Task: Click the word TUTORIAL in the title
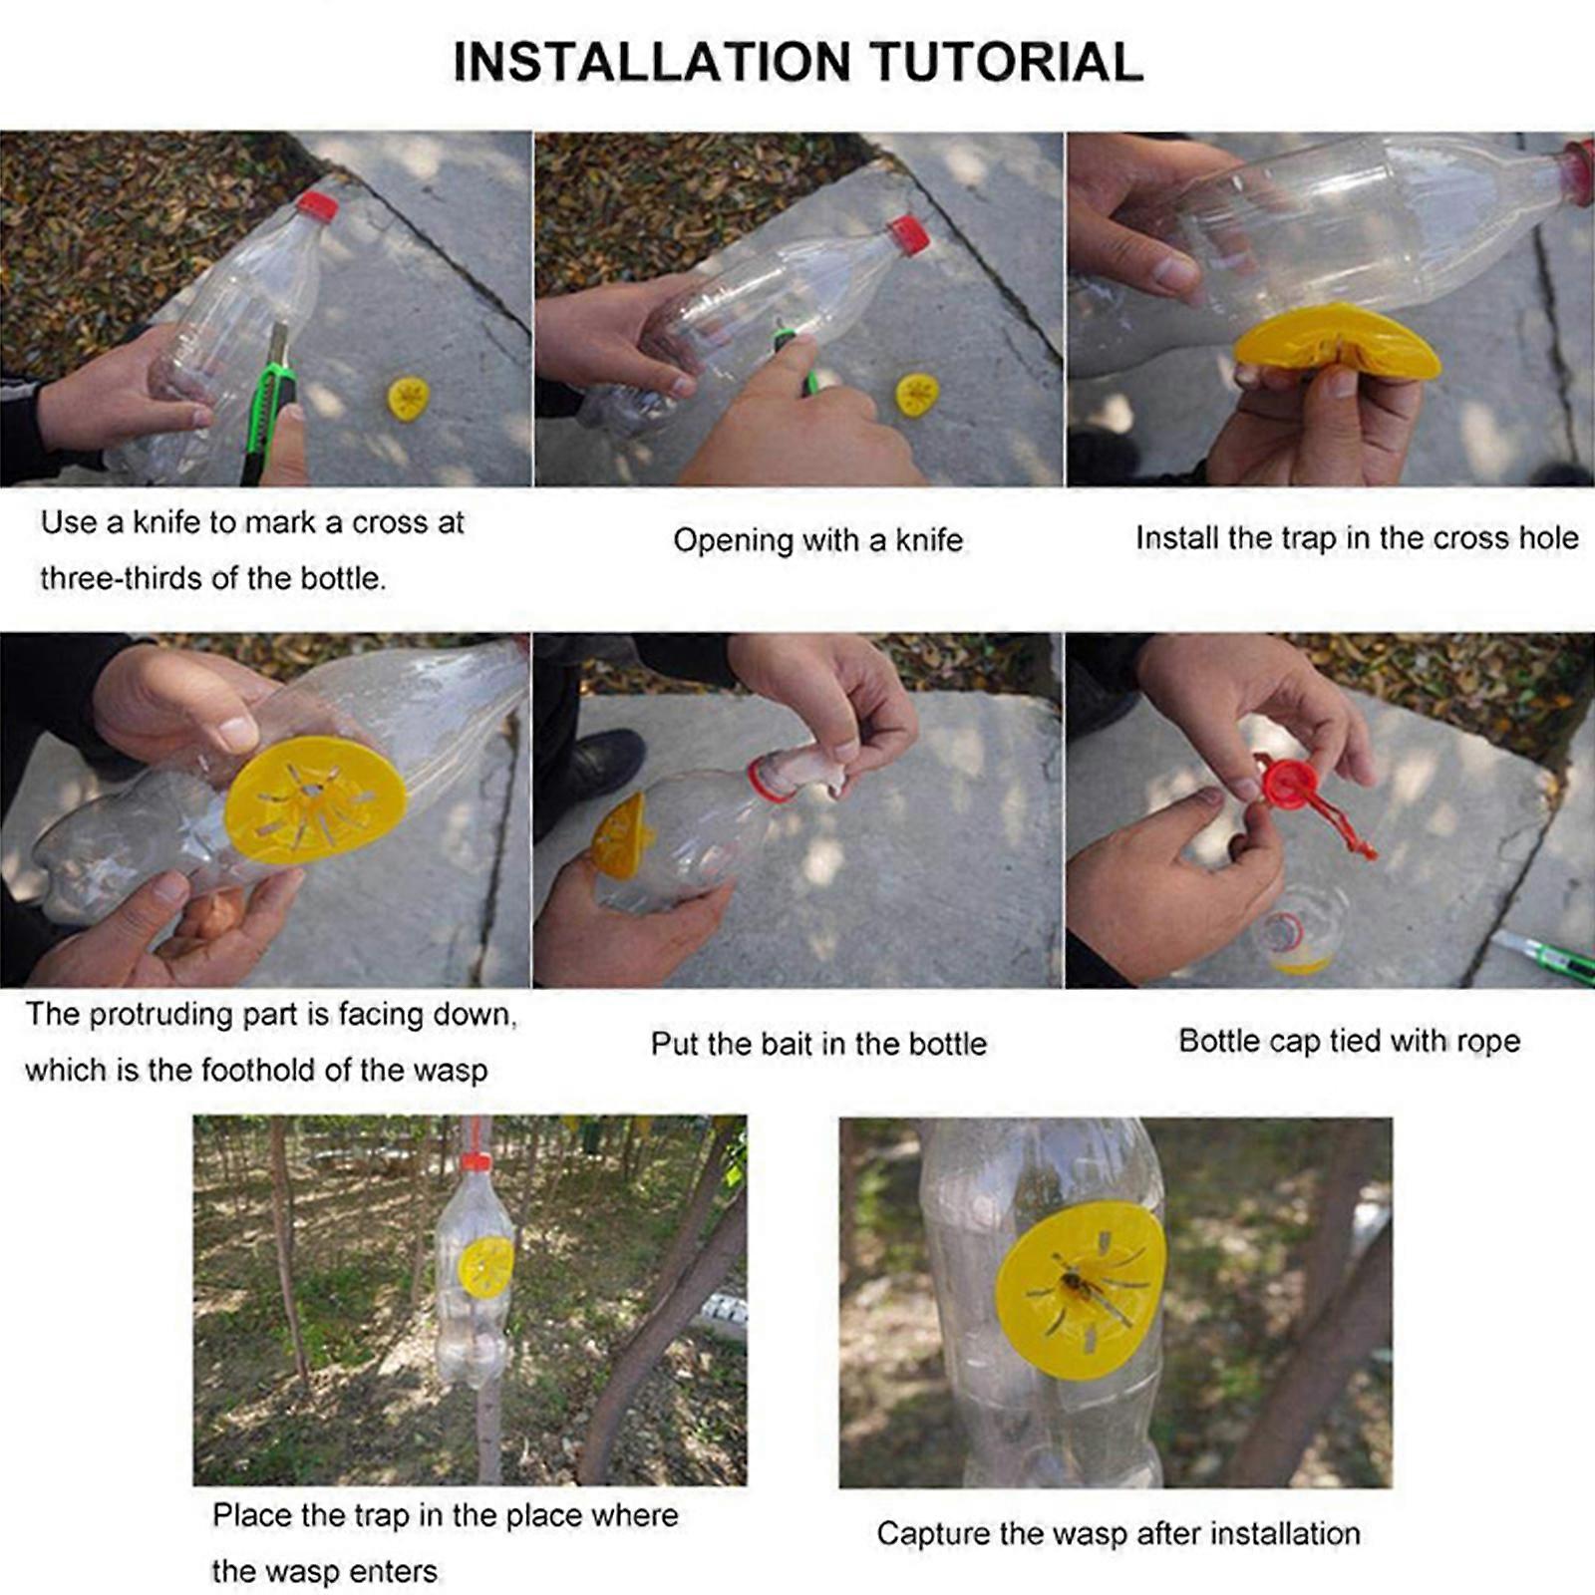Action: [1007, 62]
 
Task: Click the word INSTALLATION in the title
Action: [652, 62]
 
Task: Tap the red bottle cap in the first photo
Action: [317, 206]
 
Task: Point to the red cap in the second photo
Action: [908, 235]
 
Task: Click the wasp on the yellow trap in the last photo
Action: [1076, 1286]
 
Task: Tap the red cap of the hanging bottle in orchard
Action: [476, 1161]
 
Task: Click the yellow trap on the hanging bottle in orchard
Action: [486, 1266]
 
